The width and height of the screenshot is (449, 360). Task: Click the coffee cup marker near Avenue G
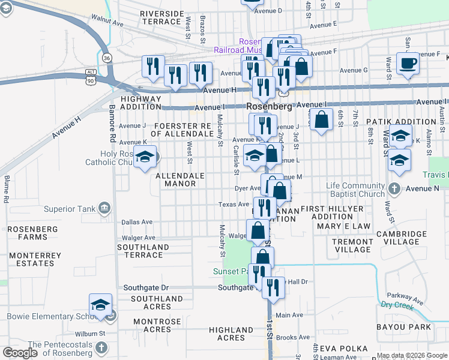pyautogui.click(x=408, y=64)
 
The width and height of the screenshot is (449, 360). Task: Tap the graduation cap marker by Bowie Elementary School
pyautogui.click(x=101, y=305)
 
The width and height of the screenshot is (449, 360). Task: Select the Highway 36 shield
pyautogui.click(x=106, y=58)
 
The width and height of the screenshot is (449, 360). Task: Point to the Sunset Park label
pyautogui.click(x=231, y=271)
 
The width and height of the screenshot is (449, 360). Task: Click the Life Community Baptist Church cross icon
pyautogui.click(x=394, y=190)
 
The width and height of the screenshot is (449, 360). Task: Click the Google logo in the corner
pyautogui.click(x=20, y=353)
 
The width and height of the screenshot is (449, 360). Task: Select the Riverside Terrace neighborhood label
pyautogui.click(x=161, y=17)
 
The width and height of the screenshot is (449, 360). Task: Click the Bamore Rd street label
pyautogui.click(x=112, y=125)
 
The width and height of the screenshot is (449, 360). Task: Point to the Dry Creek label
pyautogui.click(x=397, y=305)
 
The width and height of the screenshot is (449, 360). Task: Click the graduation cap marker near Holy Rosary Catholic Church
pyautogui.click(x=145, y=158)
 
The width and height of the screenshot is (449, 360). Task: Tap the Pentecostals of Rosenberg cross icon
pyautogui.click(x=101, y=347)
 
